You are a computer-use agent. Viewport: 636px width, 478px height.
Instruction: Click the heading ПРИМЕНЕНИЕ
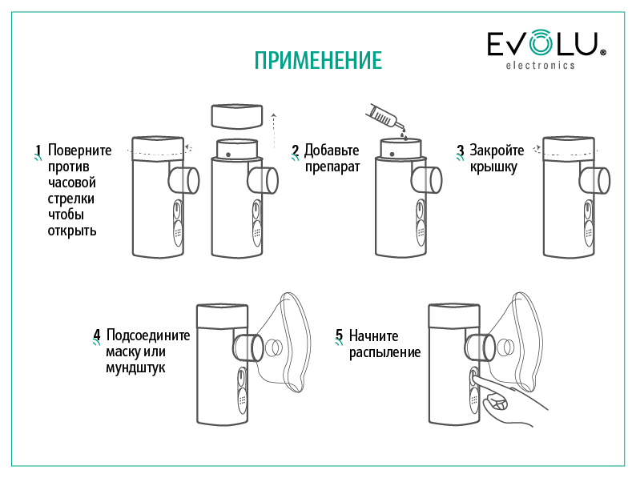[318, 60]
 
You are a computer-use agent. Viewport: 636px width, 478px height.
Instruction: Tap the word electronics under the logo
[540, 66]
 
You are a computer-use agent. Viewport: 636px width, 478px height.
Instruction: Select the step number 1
[38, 151]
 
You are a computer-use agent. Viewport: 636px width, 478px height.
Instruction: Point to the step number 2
[296, 151]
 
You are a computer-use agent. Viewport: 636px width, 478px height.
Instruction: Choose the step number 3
[461, 151]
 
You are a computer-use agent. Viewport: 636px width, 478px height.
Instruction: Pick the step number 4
[97, 335]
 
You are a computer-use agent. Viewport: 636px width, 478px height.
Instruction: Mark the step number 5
[339, 335]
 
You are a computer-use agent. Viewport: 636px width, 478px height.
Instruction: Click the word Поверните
[79, 150]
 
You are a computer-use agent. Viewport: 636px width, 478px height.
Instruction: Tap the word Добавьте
[332, 151]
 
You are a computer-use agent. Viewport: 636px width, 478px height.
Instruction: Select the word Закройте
[497, 151]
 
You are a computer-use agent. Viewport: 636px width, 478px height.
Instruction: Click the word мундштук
[135, 368]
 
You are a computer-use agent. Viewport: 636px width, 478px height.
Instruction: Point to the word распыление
[384, 353]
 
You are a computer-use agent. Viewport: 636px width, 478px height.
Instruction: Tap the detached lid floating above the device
[237, 116]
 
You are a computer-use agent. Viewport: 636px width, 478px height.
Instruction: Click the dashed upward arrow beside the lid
[274, 131]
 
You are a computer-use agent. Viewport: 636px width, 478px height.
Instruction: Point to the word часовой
[72, 183]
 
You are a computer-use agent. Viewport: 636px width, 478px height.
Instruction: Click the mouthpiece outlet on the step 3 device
[595, 180]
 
